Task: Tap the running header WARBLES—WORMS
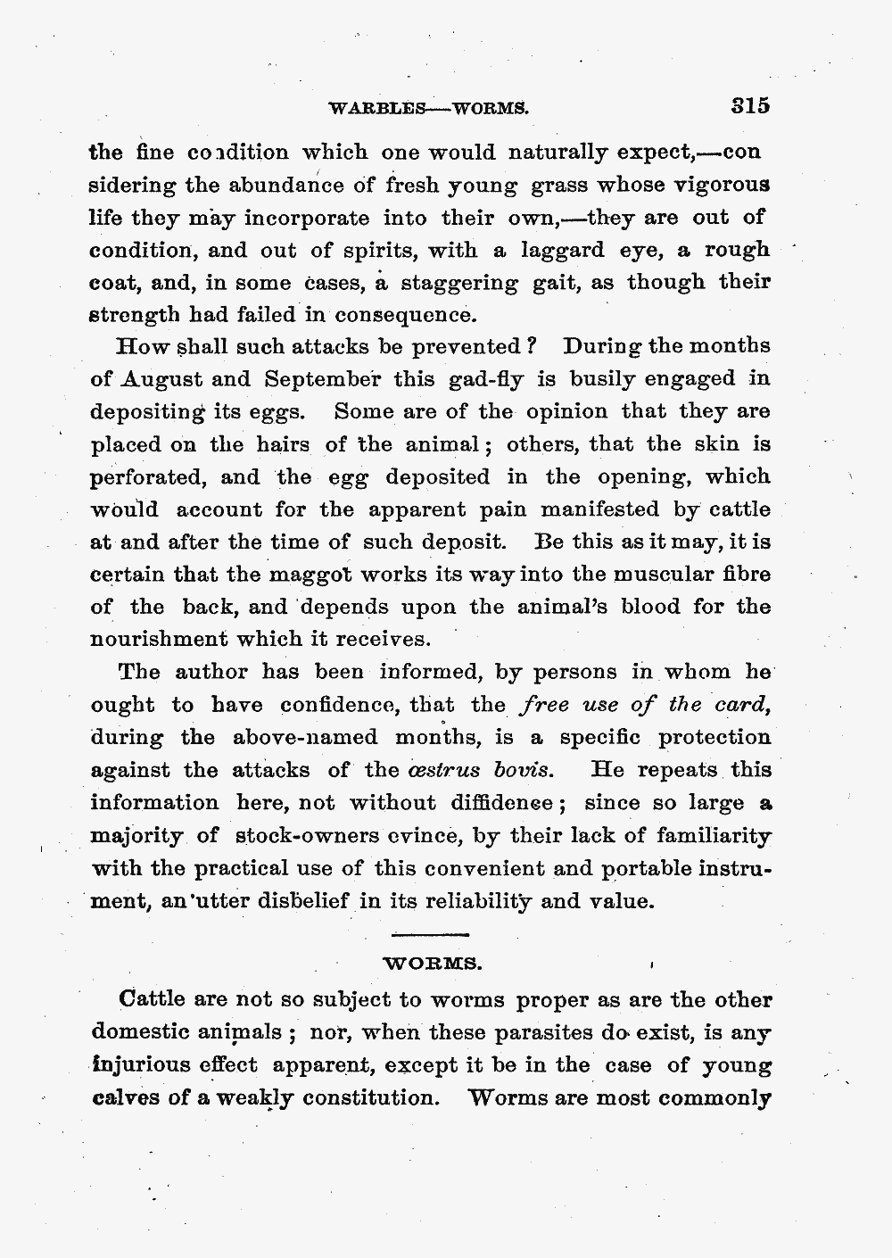[429, 110]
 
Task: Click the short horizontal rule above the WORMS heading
[431, 933]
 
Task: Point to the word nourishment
[156, 640]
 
